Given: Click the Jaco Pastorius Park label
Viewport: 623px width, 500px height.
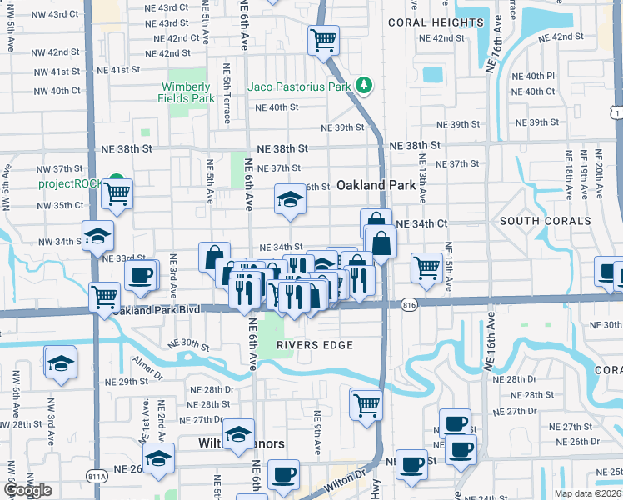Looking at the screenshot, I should (298, 86).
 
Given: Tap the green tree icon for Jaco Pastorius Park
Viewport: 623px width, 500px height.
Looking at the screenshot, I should (364, 85).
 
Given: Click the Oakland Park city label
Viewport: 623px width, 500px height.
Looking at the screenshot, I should (376, 185).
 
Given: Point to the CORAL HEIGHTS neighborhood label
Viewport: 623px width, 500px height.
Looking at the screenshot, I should (436, 22).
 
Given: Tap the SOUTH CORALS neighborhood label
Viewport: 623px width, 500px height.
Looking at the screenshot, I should (545, 221).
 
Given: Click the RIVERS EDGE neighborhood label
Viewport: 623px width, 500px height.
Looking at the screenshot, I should (315, 344).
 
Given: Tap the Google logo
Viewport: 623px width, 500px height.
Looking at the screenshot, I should (27, 490).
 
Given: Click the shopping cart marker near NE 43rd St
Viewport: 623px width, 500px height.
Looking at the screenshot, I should (322, 38).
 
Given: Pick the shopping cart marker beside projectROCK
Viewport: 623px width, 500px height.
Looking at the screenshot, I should (117, 194).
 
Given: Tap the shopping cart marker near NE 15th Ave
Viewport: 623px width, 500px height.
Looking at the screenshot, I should (426, 267).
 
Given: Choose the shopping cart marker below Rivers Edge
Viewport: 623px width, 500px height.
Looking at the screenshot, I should (366, 404).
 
